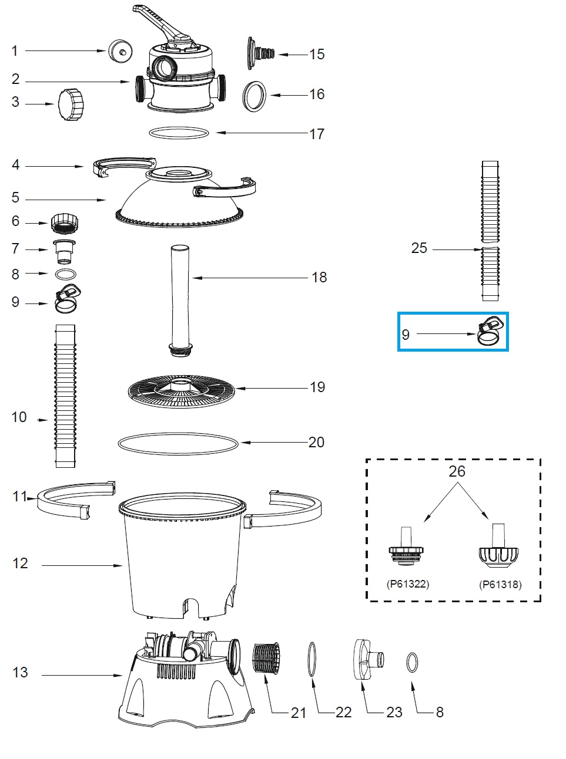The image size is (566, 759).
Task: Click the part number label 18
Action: [x=319, y=277]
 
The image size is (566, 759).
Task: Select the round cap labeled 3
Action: [x=71, y=104]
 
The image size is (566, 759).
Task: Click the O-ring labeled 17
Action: [x=179, y=133]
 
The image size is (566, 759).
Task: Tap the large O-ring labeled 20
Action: [x=179, y=444]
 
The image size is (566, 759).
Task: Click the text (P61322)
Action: [x=408, y=584]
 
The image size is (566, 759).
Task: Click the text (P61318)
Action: [x=500, y=584]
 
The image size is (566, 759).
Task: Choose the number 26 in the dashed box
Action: [x=457, y=471]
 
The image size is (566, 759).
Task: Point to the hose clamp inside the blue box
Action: [x=490, y=332]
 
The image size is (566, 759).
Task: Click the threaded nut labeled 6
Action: [x=65, y=223]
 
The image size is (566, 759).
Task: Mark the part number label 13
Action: [x=20, y=672]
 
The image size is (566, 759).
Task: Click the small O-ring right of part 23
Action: [x=412, y=663]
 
